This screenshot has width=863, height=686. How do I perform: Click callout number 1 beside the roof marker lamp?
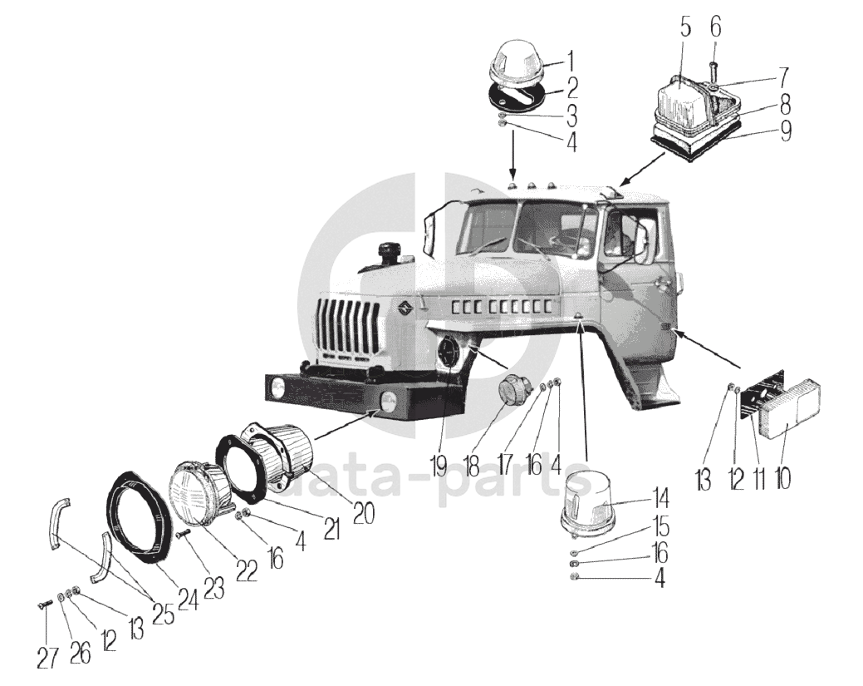pos(570,60)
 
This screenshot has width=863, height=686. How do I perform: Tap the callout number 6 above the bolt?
pos(716,27)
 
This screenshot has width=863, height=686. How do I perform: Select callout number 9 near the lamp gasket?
pos(786,131)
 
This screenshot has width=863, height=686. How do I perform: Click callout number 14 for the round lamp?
pos(660,500)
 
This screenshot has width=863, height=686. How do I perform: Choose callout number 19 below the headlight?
pos(439,463)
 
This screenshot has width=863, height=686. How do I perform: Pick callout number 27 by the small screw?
pos(48,656)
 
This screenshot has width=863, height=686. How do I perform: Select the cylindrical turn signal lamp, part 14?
pos(589,501)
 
